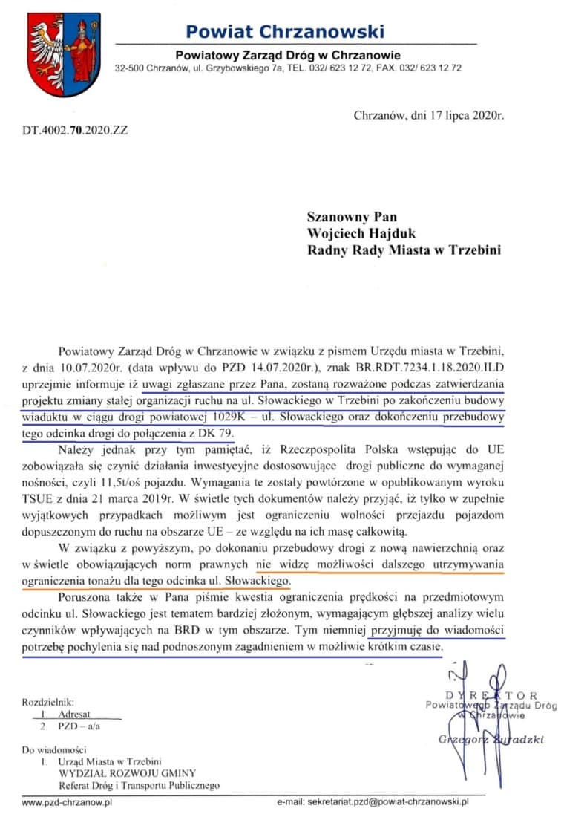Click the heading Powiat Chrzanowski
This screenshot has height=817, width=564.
[x=285, y=32]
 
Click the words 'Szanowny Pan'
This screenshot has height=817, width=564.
[x=352, y=217]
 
